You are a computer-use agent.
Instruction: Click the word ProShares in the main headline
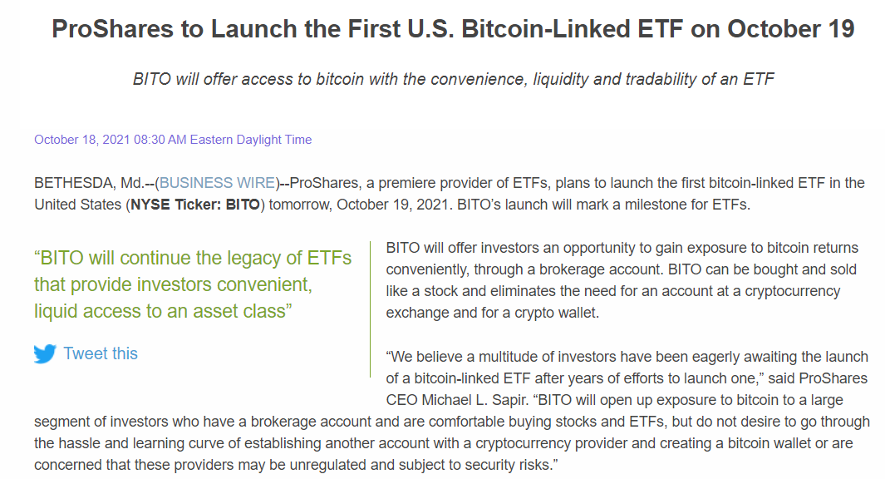tap(113, 29)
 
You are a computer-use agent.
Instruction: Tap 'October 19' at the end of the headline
tap(791, 29)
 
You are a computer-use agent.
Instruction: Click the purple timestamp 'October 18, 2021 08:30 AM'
tap(110, 140)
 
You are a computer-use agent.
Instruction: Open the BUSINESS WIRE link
tap(217, 183)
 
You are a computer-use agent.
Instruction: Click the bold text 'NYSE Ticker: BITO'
tap(195, 205)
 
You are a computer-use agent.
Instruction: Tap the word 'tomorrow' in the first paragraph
tap(300, 205)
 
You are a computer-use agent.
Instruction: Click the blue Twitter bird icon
tap(45, 353)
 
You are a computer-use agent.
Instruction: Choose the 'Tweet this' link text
tap(101, 353)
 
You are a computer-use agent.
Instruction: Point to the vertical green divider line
tap(371, 309)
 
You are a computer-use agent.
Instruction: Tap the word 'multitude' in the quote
tap(506, 357)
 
